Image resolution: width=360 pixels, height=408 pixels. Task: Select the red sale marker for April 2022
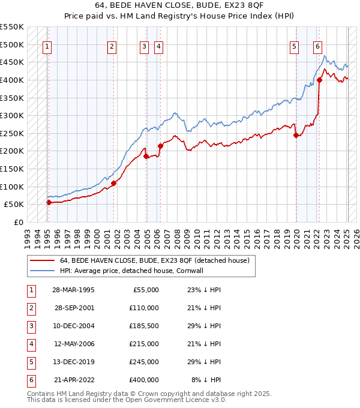[x=320, y=79]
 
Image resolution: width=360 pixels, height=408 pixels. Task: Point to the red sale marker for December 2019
[x=296, y=135]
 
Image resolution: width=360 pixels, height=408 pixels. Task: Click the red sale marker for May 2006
[x=160, y=146]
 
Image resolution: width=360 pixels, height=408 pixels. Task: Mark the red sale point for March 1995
[x=49, y=202]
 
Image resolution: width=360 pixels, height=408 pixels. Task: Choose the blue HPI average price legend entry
[x=131, y=271]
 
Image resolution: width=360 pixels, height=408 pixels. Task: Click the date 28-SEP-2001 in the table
[x=74, y=308]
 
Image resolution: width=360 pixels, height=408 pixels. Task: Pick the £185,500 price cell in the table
[x=144, y=326]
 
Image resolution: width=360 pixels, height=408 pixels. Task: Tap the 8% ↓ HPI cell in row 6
[x=206, y=380]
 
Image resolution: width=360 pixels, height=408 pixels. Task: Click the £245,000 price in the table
[x=144, y=362]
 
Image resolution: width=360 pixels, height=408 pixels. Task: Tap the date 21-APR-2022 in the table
[x=74, y=380]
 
